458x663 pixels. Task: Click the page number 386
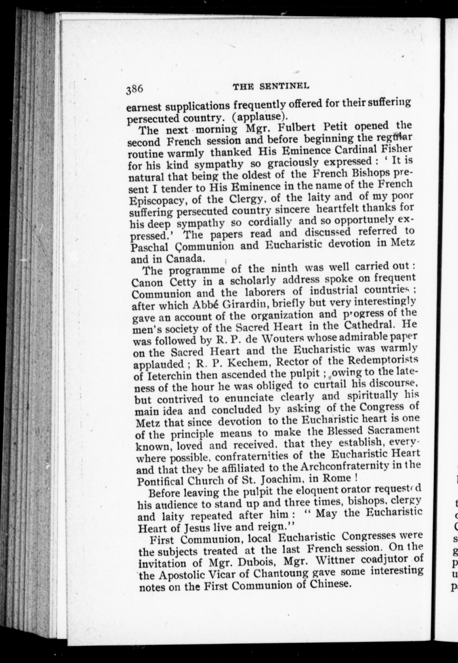click(135, 89)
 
